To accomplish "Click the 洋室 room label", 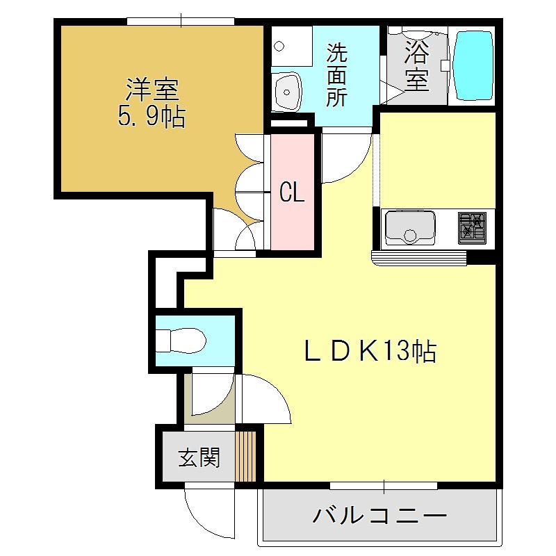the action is tap(152, 90).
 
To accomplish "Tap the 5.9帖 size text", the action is tap(152, 116).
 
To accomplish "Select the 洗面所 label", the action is tap(336, 75).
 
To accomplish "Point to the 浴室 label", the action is tap(417, 65).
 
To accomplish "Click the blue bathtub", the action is tap(474, 65).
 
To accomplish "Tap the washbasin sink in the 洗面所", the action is tap(288, 92).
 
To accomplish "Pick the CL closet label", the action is tap(292, 193).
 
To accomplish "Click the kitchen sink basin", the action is tap(410, 229).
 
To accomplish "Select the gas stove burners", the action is tap(472, 229).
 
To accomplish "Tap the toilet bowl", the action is tap(181, 341).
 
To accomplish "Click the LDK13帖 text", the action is tap(370, 351).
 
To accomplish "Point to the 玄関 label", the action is tap(199, 457).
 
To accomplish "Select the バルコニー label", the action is tap(379, 516).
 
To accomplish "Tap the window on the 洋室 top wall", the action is tap(181, 22).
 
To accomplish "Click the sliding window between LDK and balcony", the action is tap(384, 485).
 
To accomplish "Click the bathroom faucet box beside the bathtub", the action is tap(445, 65).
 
